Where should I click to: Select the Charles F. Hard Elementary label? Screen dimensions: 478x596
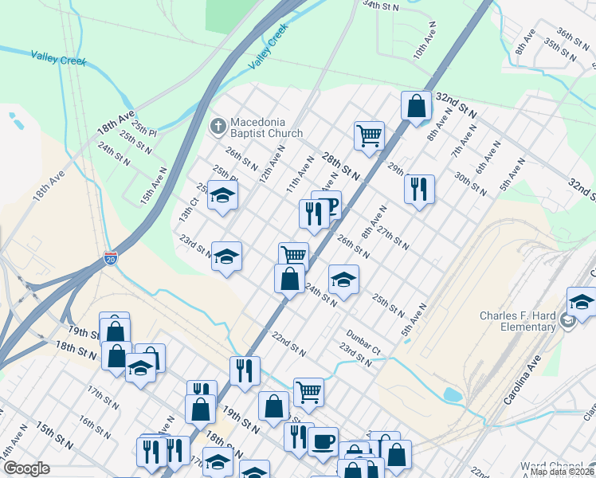click(x=518, y=321)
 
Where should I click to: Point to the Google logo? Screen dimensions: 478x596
click(x=26, y=468)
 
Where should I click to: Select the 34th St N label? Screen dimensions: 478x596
click(x=380, y=6)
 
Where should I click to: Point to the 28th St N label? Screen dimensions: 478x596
click(x=341, y=166)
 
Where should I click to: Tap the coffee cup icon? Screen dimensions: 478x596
click(x=323, y=440)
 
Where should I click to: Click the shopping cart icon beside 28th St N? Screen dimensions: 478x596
click(x=369, y=135)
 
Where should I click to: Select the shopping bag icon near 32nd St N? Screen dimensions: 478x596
click(x=416, y=105)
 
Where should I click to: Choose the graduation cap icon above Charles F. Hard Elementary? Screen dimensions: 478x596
click(x=581, y=301)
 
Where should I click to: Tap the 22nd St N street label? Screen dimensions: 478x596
click(x=288, y=343)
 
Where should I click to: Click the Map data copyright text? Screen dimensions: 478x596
click(x=562, y=472)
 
